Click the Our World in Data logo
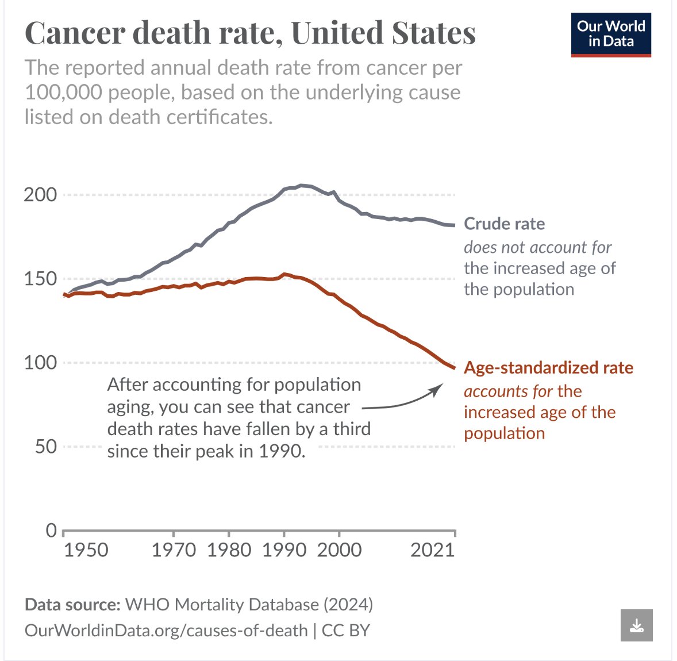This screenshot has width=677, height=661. pyautogui.click(x=610, y=34)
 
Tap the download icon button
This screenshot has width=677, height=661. pyautogui.click(x=636, y=625)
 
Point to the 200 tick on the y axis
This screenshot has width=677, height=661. pyautogui.click(x=40, y=195)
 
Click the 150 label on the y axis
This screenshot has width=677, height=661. pyautogui.click(x=40, y=279)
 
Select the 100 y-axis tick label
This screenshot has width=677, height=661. pyautogui.click(x=40, y=363)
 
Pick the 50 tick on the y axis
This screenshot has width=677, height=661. pyautogui.click(x=46, y=447)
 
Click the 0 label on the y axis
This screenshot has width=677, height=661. pyautogui.click(x=52, y=530)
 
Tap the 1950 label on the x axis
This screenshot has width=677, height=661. pyautogui.click(x=86, y=550)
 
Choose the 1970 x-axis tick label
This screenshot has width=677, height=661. pyautogui.click(x=174, y=550)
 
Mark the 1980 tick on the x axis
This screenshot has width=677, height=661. pyautogui.click(x=229, y=550)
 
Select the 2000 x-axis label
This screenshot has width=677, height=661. pyautogui.click(x=339, y=550)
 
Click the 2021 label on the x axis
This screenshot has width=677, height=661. pyautogui.click(x=432, y=550)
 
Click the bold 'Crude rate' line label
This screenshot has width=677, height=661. pyautogui.click(x=504, y=224)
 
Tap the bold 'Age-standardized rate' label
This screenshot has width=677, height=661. pyautogui.click(x=548, y=368)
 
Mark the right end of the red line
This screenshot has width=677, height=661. pyautogui.click(x=454, y=368)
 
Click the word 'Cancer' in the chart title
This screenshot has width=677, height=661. pyautogui.click(x=75, y=33)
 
